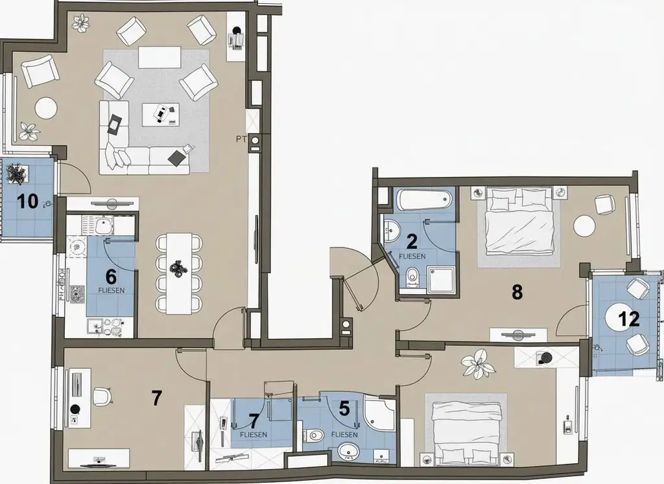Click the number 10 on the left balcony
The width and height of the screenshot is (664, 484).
pos(28,201)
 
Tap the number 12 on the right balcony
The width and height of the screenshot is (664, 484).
pos(629,318)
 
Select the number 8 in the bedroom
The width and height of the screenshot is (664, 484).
pos(517,292)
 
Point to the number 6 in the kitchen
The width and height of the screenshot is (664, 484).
pos(111,275)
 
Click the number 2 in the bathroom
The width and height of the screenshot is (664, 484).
pos(411,241)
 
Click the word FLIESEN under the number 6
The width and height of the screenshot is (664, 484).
pos(111,291)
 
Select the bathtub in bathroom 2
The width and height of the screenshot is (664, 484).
pos(425,199)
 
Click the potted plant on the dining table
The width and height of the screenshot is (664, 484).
pos(178,267)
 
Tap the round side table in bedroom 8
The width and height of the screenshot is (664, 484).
pos(584,226)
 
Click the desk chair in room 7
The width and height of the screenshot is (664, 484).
pos(102,397)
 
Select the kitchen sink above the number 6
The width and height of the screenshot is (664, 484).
pos(102,226)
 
